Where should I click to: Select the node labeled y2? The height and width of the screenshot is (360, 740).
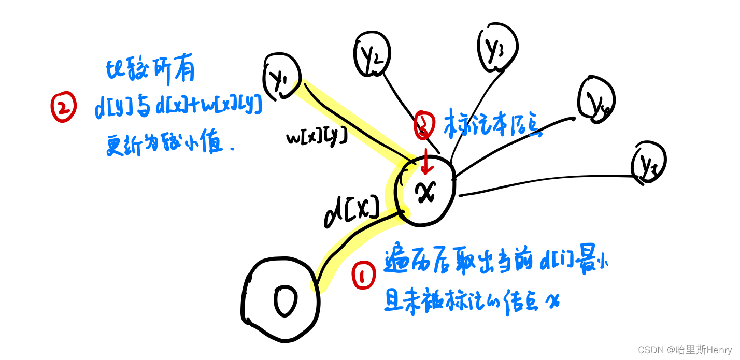372,54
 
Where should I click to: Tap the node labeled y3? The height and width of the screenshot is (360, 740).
496,47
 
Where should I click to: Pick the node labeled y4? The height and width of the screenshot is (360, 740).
596,100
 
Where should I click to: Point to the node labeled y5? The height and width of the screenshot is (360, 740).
648,162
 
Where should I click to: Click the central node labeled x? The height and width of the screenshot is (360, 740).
424,192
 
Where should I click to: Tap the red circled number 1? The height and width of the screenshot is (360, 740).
364,276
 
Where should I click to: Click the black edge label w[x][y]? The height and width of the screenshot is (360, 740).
316,137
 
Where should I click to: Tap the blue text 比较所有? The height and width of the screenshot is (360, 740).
150,71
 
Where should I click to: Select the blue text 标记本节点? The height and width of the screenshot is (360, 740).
492,123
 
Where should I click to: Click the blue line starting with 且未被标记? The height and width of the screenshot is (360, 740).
472,299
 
